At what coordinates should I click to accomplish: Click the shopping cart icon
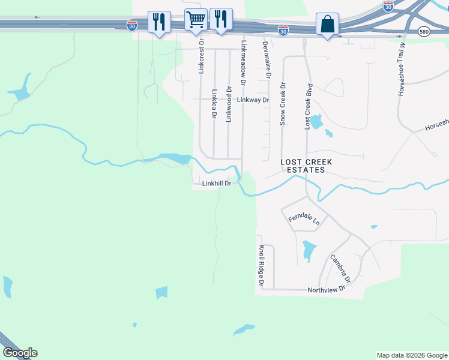pyautogui.click(x=196, y=20)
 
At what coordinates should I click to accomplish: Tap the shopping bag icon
pyautogui.click(x=327, y=25)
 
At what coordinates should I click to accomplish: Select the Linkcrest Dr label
pyautogui.click(x=201, y=56)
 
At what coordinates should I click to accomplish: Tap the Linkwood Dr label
pyautogui.click(x=228, y=104)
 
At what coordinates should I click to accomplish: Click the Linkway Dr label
pyautogui.click(x=253, y=100)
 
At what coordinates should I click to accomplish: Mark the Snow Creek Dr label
pyautogui.click(x=282, y=104)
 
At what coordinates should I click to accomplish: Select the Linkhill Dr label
pyautogui.click(x=217, y=184)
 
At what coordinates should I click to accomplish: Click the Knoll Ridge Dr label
pyautogui.click(x=261, y=265)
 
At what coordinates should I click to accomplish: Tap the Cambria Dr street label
pyautogui.click(x=339, y=268)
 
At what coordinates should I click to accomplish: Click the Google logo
pyautogui.click(x=20, y=353)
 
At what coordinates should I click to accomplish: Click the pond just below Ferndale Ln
pyautogui.click(x=309, y=250)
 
